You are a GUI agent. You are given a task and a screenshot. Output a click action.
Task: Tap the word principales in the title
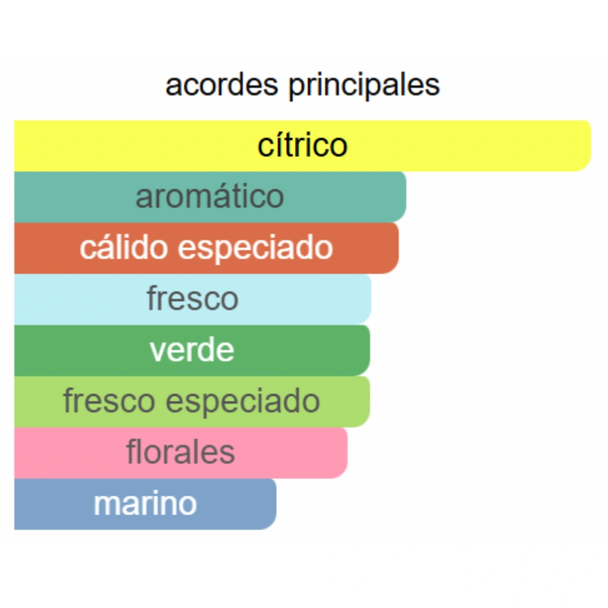[x=364, y=86]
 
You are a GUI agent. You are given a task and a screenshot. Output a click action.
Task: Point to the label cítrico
[x=302, y=145]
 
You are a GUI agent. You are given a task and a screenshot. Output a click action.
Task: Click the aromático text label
[x=210, y=196]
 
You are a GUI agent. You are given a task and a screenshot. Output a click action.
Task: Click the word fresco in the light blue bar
[x=193, y=299]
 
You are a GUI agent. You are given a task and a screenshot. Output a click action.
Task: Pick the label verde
[x=192, y=350]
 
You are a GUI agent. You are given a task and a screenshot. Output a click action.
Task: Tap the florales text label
[x=181, y=452]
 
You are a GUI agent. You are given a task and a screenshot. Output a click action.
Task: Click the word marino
[x=145, y=504]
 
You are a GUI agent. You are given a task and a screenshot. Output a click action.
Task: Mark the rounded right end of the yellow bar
[x=585, y=146]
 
